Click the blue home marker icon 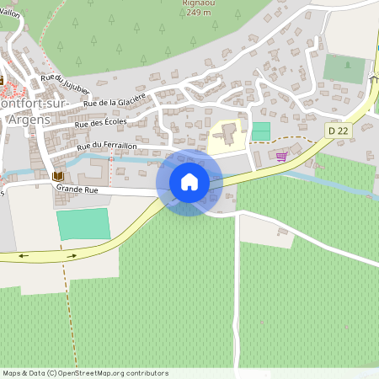pyautogui.click(x=189, y=182)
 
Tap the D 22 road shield pyautogui.click(x=339, y=131)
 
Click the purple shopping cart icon pyautogui.click(x=281, y=156)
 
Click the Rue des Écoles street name pyautogui.click(x=100, y=121)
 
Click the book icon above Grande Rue pyautogui.click(x=57, y=175)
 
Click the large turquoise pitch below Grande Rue pyautogui.click(x=83, y=224)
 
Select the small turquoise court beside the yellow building pyautogui.click(x=261, y=131)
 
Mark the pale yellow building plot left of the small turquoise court pyautogui.click(x=228, y=136)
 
